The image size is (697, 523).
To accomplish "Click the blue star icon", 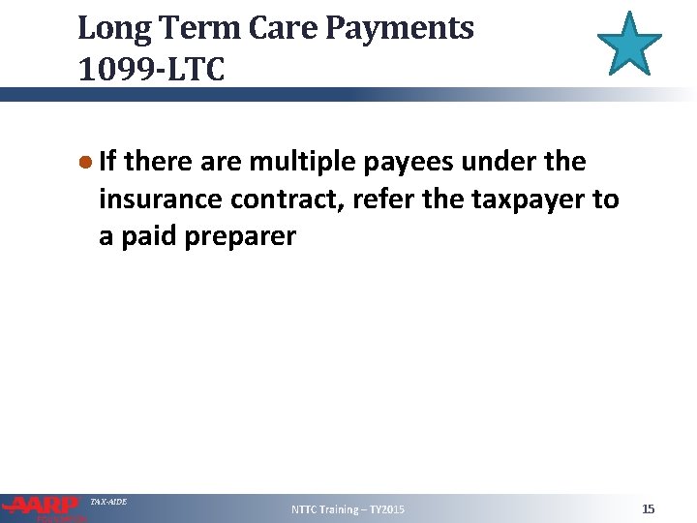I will click(629, 44).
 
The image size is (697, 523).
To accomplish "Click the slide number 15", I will click(648, 508).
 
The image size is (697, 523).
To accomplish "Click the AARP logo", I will click(43, 507).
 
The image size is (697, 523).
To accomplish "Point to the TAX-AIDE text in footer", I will click(107, 501).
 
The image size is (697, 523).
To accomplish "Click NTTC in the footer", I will click(308, 509).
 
